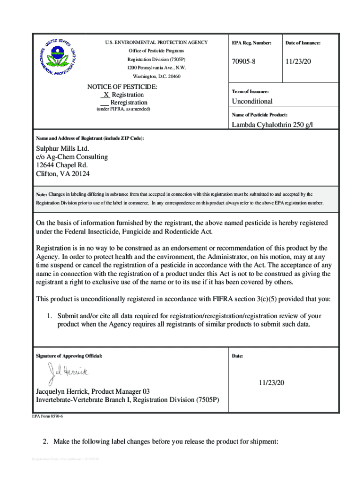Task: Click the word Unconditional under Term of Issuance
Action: pyautogui.click(x=252, y=101)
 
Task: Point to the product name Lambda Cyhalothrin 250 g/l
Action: pyautogui.click(x=273, y=125)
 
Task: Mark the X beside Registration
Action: pyautogui.click(x=106, y=95)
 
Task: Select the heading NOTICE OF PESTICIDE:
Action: pyautogui.click(x=122, y=87)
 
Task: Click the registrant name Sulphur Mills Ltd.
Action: pyautogui.click(x=62, y=148)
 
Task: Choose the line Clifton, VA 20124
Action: pyautogui.click(x=63, y=173)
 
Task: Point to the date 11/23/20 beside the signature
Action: pyautogui.click(x=274, y=382)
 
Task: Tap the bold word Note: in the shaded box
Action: pyautogui.click(x=42, y=195)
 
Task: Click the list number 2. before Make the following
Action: pyautogui.click(x=45, y=441)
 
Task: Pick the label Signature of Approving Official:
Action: pyautogui.click(x=69, y=355)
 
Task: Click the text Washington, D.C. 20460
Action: pyautogui.click(x=156, y=76)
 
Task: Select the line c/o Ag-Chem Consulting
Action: pyautogui.click(x=72, y=156)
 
